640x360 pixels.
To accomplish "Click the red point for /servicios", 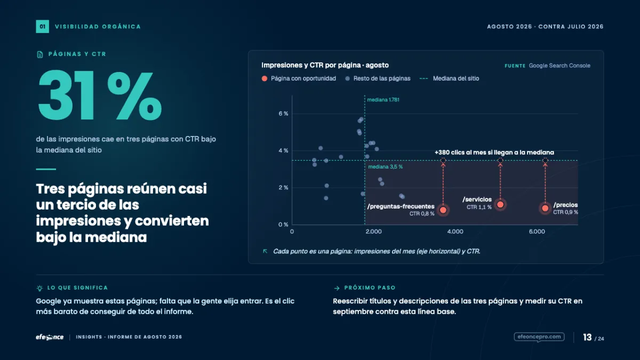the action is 500,205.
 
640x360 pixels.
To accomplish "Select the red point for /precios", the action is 545,209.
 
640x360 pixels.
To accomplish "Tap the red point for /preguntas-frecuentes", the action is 443,210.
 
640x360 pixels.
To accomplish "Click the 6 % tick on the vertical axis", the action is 283,114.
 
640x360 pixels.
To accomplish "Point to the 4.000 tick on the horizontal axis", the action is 455,231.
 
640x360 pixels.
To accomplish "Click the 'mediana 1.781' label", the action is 383,100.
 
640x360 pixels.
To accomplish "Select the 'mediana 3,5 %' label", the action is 385,166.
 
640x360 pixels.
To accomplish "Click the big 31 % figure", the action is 100,95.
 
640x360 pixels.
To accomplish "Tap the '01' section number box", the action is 42,27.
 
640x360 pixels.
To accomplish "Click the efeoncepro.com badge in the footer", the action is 539,337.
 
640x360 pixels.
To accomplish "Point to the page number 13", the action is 587,338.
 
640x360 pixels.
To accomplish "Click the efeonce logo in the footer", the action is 50,337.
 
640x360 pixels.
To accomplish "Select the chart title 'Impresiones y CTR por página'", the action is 311,65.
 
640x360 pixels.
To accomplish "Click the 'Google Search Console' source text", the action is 559,66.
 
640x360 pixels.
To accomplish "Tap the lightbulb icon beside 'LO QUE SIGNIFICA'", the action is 39,288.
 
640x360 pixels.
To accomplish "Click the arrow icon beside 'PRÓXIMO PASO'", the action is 337,288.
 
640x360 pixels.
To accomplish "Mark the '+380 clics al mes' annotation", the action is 494,153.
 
